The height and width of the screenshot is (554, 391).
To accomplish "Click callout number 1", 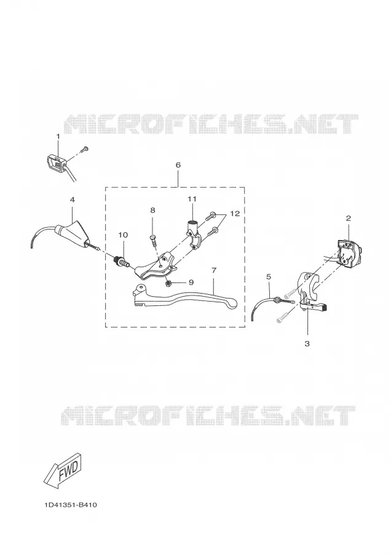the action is tap(58, 137).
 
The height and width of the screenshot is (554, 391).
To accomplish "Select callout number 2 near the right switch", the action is tap(349, 219).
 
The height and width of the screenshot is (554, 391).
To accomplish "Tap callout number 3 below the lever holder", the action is tap(307, 343).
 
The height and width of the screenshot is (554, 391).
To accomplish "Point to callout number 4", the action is tap(73, 199).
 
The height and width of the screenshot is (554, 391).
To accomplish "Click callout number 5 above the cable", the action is tap(269, 277).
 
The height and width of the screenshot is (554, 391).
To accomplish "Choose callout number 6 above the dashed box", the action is tap(178, 165).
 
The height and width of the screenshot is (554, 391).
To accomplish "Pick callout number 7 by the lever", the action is tap(213, 271).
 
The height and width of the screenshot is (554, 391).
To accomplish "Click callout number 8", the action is tap(152, 211).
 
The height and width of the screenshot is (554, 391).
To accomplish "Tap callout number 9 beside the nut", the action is tap(191, 283).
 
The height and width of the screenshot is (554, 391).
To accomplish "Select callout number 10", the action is tap(123, 235).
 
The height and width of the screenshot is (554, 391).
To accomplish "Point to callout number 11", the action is tap(192, 199).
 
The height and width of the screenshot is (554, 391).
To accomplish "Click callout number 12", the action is tap(235, 214).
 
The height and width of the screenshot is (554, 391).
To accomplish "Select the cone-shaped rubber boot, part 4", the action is tap(73, 233).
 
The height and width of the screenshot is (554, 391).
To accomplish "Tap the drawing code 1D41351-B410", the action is tap(71, 505).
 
